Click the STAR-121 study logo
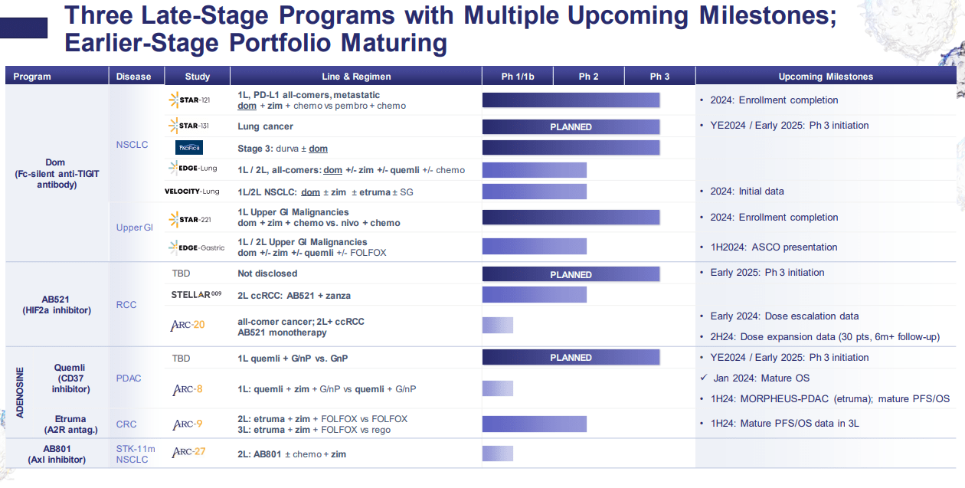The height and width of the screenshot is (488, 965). pos(190,100)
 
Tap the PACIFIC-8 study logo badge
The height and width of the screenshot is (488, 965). pos(189,147)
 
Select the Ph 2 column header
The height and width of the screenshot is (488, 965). pos(588,77)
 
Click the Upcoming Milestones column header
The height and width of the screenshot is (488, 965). pos(826,77)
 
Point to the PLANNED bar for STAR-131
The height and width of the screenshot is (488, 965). pos(571,126)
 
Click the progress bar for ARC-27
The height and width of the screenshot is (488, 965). pos(498,454)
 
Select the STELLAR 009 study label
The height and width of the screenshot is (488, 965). pos(196,295)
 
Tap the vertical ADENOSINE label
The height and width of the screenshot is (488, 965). pos(20,392)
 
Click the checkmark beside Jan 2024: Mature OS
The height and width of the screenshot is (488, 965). pos(704,378)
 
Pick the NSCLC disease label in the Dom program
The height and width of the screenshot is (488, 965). pos(132,145)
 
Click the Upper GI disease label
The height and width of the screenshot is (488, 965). pos(135,228)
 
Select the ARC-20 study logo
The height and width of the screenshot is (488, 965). pos(188,325)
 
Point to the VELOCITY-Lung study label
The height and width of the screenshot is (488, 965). pos(191,192)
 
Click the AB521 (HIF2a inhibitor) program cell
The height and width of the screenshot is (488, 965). pos(57,305)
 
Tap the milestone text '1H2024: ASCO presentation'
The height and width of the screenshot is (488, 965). pos(774,247)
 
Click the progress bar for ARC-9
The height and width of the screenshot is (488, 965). pos(535,424)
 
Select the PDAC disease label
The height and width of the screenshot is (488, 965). pos(129,378)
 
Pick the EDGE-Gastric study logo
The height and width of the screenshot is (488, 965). pos(197,247)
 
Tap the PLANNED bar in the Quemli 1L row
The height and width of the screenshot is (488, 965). pos(571,357)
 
